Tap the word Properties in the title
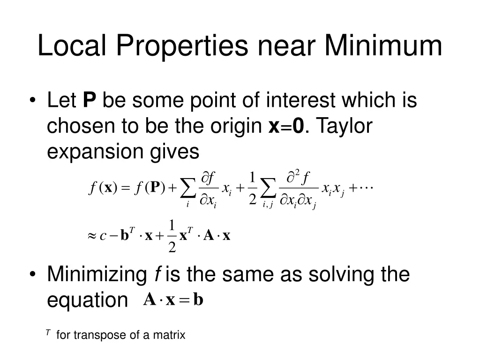pyautogui.click(x=183, y=46)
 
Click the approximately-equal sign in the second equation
pyautogui.click(x=92, y=236)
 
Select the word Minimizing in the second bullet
pyautogui.click(x=97, y=274)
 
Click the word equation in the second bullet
pyautogui.click(x=87, y=300)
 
